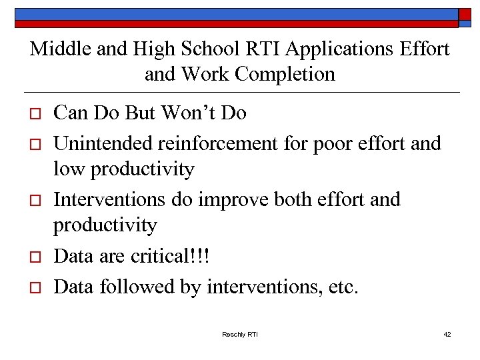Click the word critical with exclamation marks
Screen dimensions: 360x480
[173, 257]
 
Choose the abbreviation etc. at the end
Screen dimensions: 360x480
[344, 287]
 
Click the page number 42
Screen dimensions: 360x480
[447, 334]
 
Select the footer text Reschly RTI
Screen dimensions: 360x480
[239, 334]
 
